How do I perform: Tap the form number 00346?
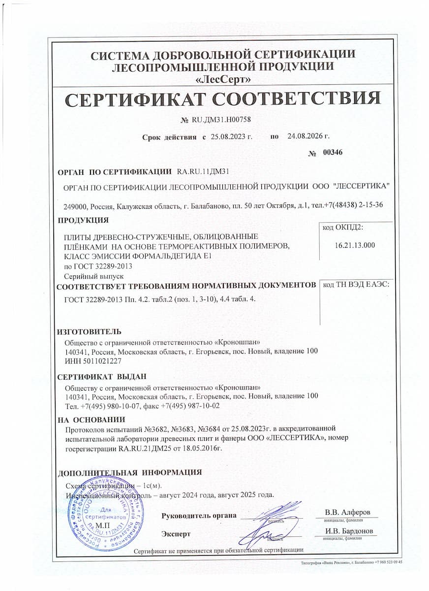333,152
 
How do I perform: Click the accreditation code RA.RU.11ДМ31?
203,171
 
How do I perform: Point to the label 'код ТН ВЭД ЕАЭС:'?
356,285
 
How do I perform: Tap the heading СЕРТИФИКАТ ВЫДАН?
102,377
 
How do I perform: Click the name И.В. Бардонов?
349,531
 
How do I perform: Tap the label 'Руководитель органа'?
199,516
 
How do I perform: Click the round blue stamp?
104,512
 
